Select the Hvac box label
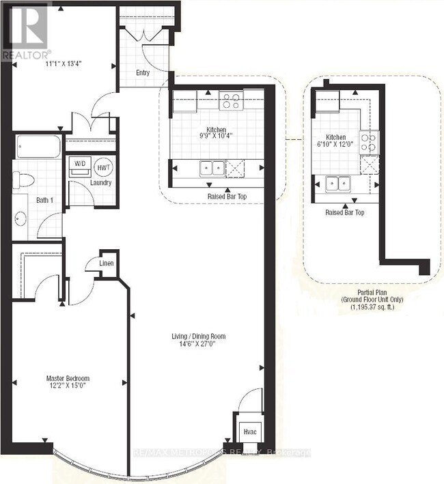(x=246, y=432)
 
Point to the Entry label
(x=143, y=72)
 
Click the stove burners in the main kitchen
(x=230, y=101)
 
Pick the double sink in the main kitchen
(x=210, y=167)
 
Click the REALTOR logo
(x=25, y=31)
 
